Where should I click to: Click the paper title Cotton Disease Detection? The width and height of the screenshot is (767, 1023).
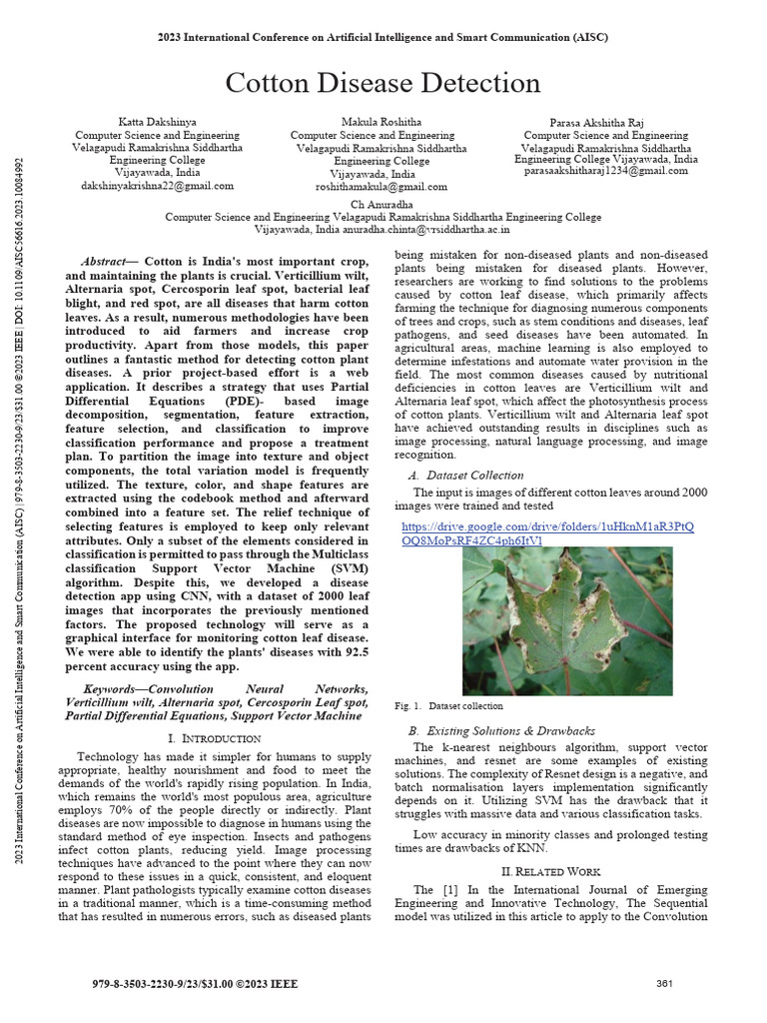coord(383,83)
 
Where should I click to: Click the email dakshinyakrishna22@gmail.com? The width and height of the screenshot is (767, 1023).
coord(158,186)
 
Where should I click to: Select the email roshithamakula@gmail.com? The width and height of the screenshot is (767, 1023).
coord(382,187)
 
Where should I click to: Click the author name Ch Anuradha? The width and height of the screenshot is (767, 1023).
coord(383,204)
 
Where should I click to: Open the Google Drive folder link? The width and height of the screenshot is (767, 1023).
coord(546,533)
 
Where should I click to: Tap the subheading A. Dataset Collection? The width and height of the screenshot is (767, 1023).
coord(465,476)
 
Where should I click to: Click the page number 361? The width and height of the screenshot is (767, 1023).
coord(665,984)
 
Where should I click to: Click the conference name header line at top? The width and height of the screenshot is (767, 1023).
coord(383,37)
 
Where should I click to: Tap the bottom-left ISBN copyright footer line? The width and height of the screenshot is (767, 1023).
coord(194,984)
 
